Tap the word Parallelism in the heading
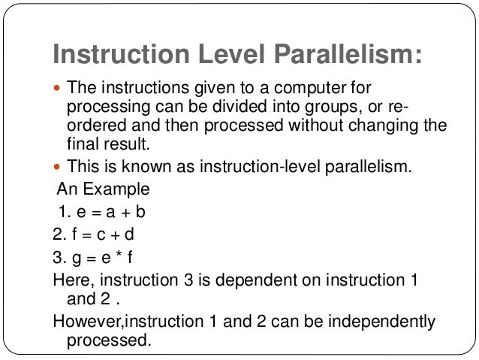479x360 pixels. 342,54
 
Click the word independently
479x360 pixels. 378,322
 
